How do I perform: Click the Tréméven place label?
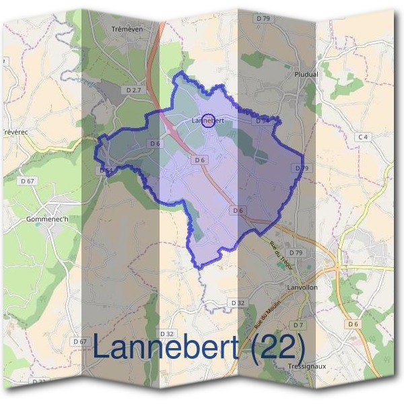tap(127, 30)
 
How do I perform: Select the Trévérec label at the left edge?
tap(14, 132)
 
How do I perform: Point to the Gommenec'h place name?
tap(46, 220)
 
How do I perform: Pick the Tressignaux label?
tap(307, 367)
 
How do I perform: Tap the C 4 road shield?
tap(364, 137)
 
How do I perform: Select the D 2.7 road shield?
tap(134, 89)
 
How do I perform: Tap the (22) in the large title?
tap(274, 347)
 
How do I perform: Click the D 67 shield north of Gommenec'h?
tap(28, 180)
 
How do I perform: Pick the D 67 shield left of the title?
tap(79, 341)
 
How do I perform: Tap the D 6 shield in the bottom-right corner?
tap(353, 324)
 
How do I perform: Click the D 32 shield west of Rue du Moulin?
tap(237, 303)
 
